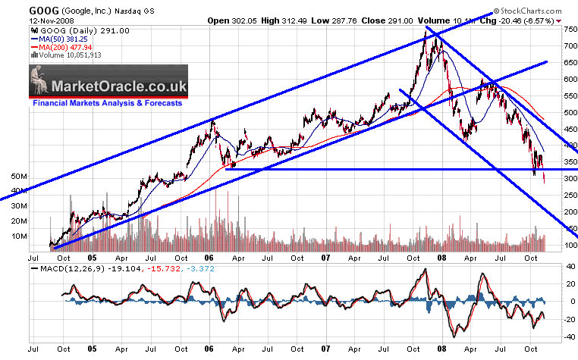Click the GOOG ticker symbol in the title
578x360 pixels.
click(19, 9)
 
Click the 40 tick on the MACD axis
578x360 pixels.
click(554, 267)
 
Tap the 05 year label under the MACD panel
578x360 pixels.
click(92, 350)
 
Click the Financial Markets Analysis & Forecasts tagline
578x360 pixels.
click(107, 102)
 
